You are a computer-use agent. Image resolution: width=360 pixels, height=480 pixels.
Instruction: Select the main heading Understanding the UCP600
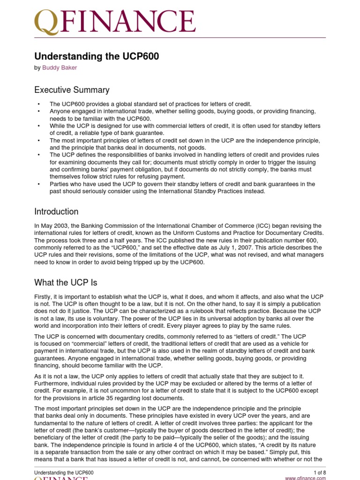[97, 56]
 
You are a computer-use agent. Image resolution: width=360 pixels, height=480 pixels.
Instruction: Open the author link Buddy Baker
[60, 67]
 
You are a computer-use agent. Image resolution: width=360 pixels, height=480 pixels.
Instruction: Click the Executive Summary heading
[72, 90]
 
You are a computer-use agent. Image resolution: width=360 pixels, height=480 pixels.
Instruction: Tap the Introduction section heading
[56, 211]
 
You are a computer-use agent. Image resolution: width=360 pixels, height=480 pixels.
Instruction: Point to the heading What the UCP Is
[66, 282]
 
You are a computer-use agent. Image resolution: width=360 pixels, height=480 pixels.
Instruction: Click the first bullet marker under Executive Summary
[38, 104]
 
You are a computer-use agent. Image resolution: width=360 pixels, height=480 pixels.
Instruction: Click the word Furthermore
[54, 383]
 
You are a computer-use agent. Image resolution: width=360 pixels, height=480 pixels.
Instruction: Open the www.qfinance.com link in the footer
[305, 478]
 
